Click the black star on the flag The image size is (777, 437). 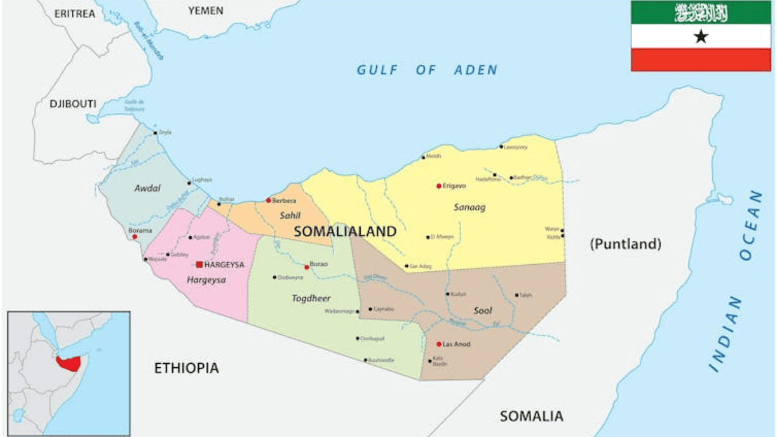click(701, 37)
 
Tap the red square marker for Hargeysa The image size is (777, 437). click(199, 264)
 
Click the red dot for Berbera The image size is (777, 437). click(268, 200)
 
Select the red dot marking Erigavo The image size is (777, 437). click(438, 186)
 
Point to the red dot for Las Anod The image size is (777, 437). click(438, 344)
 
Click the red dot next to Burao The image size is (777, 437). click(306, 267)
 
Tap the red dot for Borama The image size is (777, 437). click(135, 237)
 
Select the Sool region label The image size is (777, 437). click(483, 311)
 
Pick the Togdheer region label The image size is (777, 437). click(311, 298)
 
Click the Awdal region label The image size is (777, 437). click(147, 188)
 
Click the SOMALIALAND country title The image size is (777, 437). click(344, 231)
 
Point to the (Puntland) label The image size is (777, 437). click(625, 244)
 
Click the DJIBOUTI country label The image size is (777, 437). click(73, 104)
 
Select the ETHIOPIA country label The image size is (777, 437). click(186, 368)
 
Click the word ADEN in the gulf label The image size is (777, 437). click(476, 70)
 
